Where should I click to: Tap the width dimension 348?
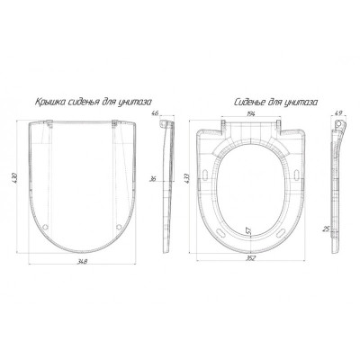coord(81,262)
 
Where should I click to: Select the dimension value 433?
coord(187,178)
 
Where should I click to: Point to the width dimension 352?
coord(250,258)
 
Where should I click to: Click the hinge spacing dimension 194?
coord(250,113)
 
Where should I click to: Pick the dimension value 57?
coord(248,231)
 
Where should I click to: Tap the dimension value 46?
coord(155,113)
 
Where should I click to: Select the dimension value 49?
coord(338,113)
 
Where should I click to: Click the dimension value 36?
coord(153,179)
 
